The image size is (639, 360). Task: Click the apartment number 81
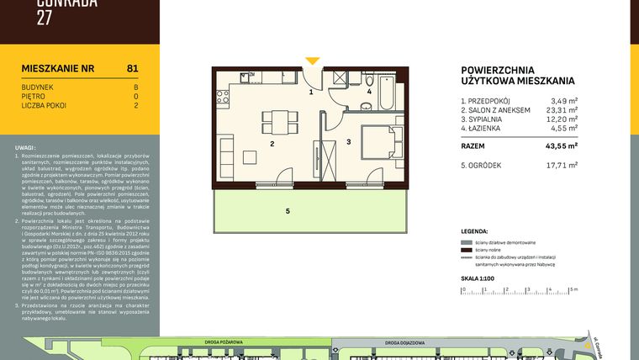132,68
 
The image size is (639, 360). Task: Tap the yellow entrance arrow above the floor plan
312,61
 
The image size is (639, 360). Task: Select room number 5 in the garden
287,210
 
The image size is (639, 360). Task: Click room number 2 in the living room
272,144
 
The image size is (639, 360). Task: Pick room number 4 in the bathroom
368,91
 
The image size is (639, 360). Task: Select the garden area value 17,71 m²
562,165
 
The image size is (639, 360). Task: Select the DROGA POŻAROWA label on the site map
224,342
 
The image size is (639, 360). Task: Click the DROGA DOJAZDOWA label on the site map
405,342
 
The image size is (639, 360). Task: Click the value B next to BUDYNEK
135,87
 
